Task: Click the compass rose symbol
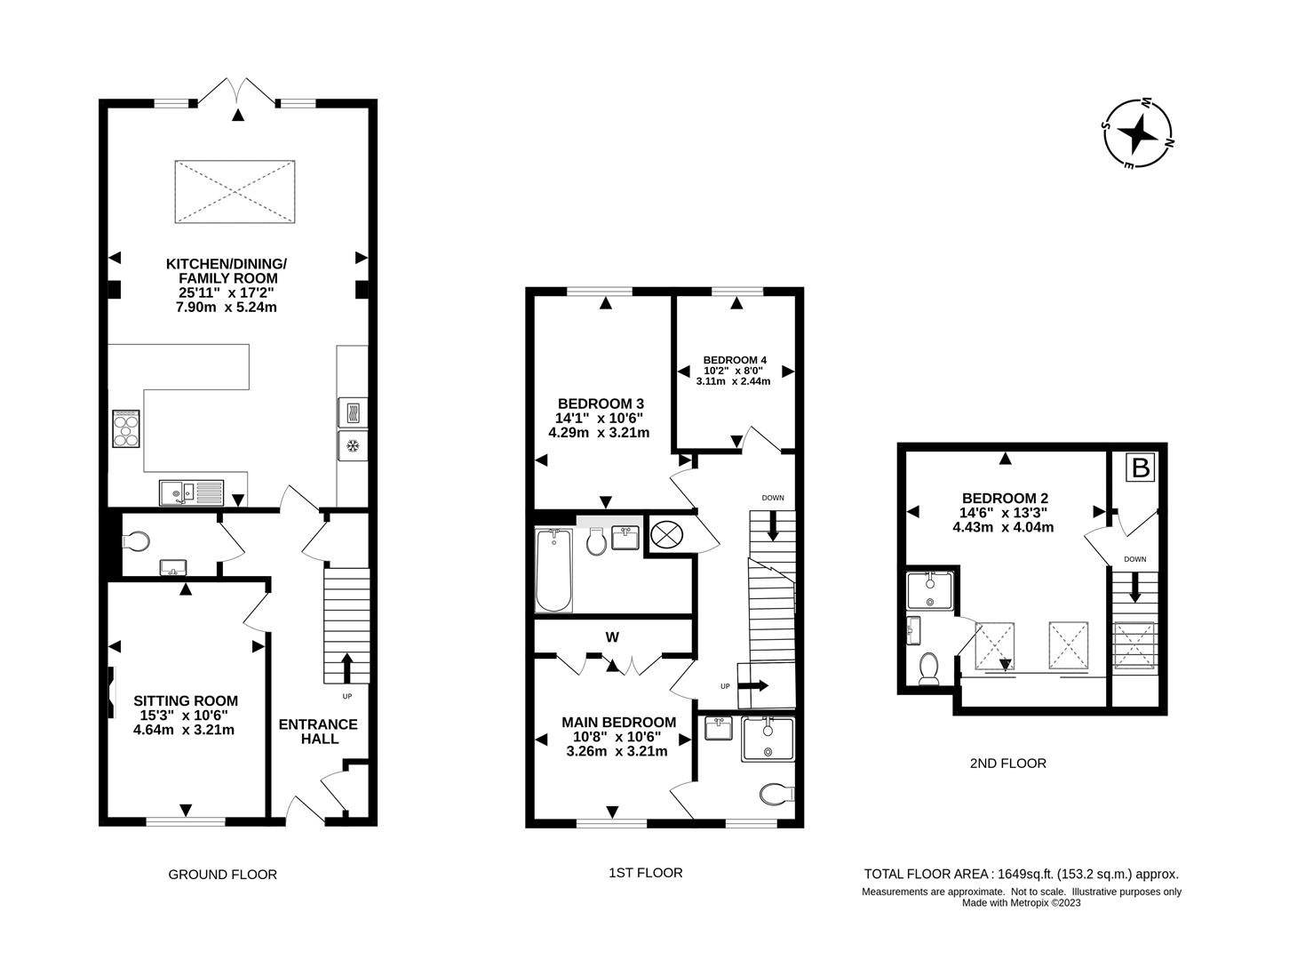(x=1137, y=134)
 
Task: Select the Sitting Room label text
(x=186, y=715)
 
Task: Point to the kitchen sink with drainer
(x=191, y=492)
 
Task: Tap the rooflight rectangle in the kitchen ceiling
(x=235, y=193)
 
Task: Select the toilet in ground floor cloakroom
(x=139, y=540)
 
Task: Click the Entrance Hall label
(x=318, y=731)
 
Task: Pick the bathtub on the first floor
(x=553, y=571)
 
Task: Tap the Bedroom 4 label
(x=734, y=370)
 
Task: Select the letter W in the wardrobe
(x=612, y=636)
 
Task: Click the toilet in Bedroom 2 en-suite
(x=929, y=668)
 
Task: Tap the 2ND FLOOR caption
(x=1007, y=763)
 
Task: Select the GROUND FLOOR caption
(x=222, y=874)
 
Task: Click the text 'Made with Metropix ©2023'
(x=1022, y=903)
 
